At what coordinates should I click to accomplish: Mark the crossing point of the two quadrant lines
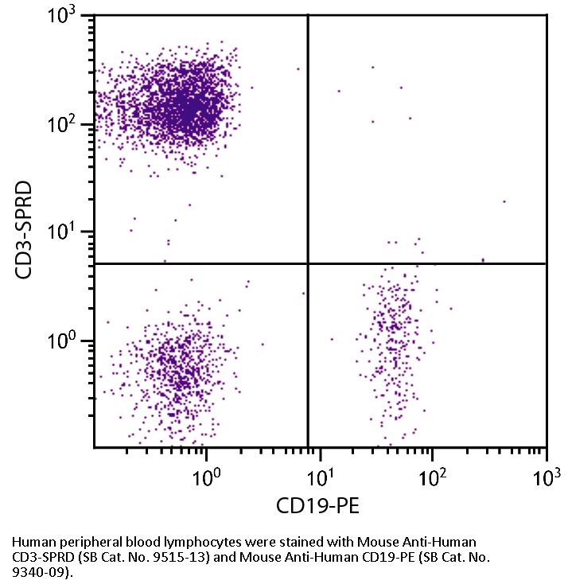pos(308,263)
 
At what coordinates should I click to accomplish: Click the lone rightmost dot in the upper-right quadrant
pos(504,201)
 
